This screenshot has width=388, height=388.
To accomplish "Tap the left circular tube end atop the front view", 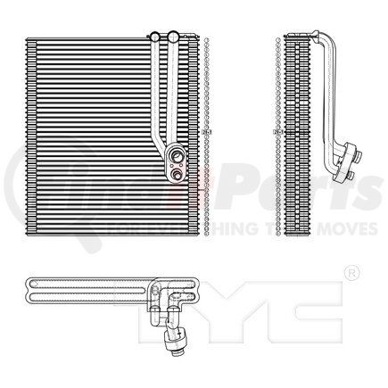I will [x=155, y=37].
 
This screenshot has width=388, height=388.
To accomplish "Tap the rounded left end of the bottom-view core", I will [x=30, y=294].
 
